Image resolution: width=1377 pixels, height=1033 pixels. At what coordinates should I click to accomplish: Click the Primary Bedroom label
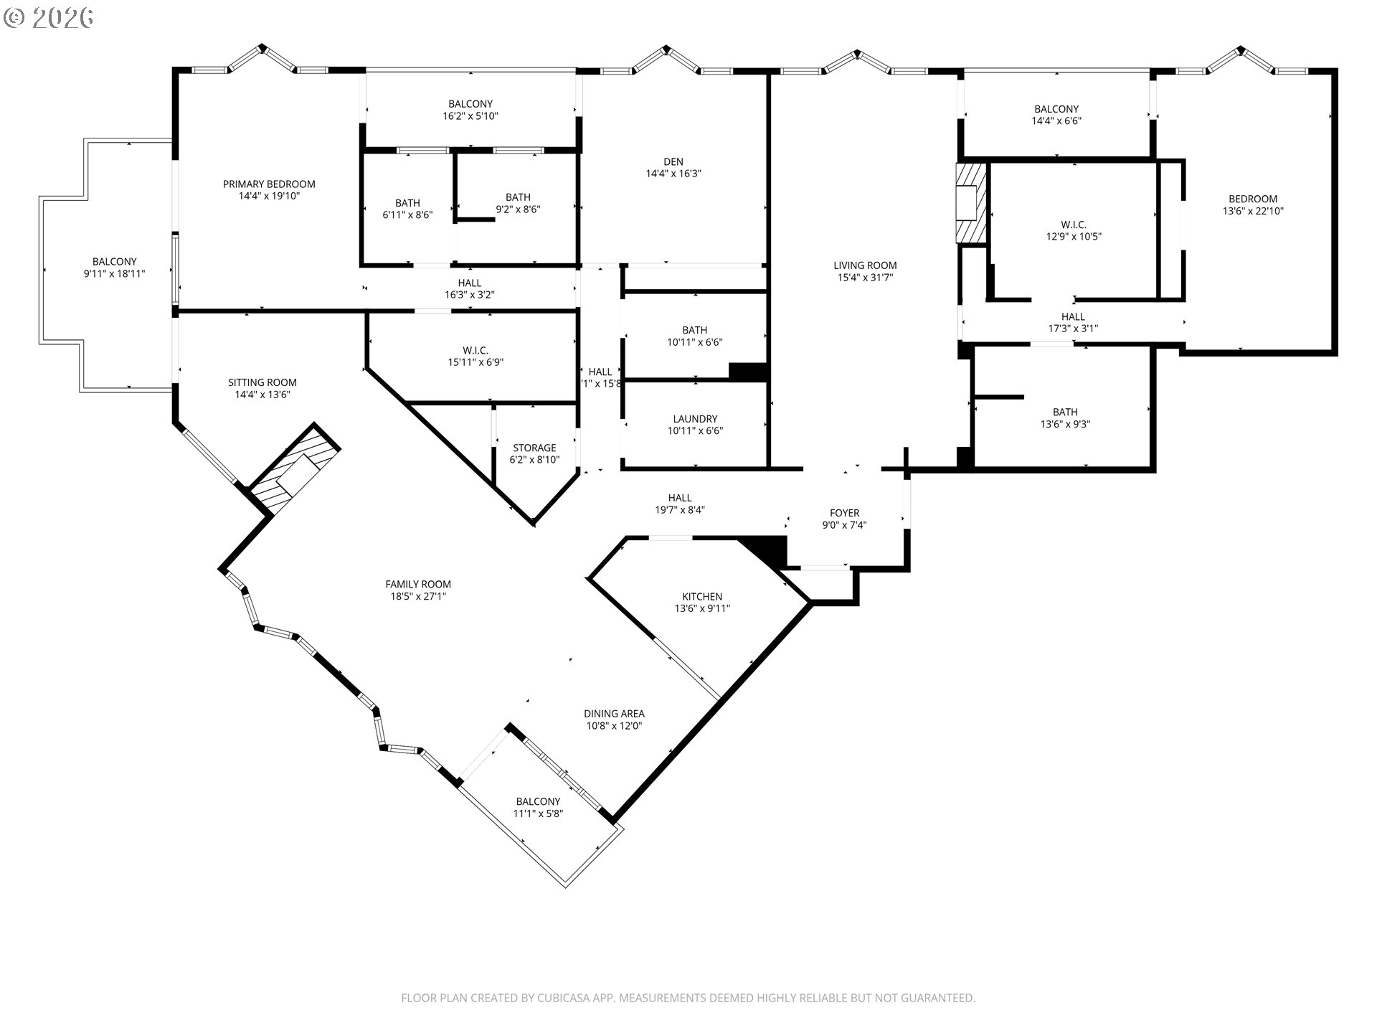[269, 184]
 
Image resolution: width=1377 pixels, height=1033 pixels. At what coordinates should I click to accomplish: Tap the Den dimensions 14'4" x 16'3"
[673, 174]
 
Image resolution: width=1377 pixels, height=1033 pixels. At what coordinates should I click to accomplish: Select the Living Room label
[865, 265]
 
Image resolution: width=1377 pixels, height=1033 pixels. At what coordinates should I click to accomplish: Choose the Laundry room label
[695, 419]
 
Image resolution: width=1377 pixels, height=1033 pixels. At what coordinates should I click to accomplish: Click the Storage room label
[534, 448]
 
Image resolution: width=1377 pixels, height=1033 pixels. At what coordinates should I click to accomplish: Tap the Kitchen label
[702, 596]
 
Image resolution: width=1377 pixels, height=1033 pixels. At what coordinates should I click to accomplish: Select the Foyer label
[844, 513]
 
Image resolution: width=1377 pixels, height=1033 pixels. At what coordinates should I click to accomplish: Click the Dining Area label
[614, 714]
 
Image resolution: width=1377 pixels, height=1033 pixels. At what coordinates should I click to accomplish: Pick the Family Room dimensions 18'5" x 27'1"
[418, 596]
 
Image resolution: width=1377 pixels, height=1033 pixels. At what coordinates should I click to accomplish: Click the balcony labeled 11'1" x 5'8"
[538, 808]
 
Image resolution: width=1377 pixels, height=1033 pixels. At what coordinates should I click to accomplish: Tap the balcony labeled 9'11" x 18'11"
[115, 268]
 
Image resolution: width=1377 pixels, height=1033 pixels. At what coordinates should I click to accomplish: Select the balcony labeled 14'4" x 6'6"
[1056, 115]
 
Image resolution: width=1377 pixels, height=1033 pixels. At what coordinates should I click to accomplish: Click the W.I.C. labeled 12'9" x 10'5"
[1073, 230]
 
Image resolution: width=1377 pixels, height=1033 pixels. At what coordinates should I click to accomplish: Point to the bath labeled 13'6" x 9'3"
[1065, 418]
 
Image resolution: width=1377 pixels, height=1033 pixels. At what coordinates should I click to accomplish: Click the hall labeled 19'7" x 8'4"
[680, 504]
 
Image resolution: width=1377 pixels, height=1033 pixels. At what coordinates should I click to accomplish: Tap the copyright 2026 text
[49, 17]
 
